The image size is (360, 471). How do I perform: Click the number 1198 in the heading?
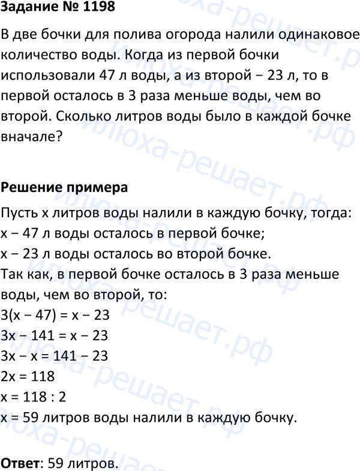94,8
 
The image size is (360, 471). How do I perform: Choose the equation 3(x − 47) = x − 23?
56,315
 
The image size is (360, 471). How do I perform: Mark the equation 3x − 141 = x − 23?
55,335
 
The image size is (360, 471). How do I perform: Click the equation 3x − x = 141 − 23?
55,356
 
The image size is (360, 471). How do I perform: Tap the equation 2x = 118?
28,376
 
